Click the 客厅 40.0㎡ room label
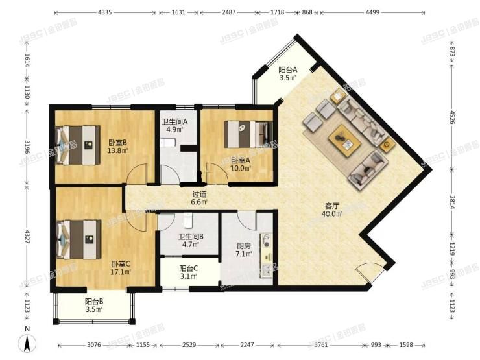click(332, 210)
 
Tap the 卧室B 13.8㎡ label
click(117, 147)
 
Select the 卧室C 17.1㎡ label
click(121, 268)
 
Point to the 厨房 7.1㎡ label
click(244, 250)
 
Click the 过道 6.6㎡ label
click(199, 198)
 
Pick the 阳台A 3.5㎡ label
click(288, 74)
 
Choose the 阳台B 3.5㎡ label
click(93, 306)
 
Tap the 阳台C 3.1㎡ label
click(188, 272)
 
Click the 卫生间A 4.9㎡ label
click(174, 125)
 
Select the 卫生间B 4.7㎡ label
click(191, 240)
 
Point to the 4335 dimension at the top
click(105, 12)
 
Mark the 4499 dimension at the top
click(372, 12)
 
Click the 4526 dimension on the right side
click(453, 116)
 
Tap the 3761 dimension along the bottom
click(321, 345)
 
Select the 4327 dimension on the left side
click(27, 237)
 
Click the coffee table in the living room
click(344, 141)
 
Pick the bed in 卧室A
click(248, 134)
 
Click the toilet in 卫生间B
click(188, 221)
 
